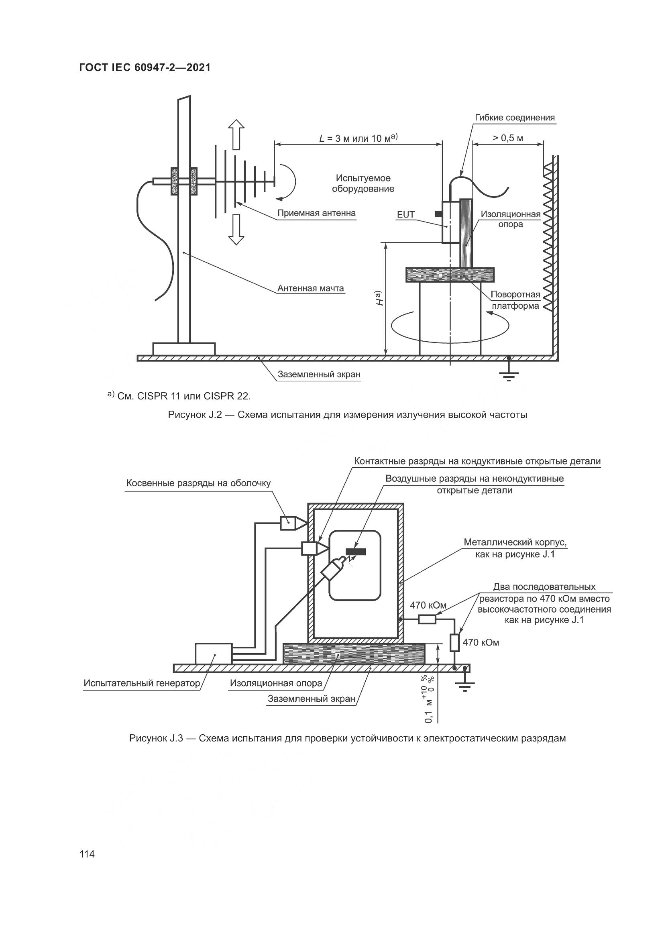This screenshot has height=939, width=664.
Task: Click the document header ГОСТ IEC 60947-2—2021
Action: [x=145, y=68]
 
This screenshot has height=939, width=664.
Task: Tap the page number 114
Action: [x=87, y=854]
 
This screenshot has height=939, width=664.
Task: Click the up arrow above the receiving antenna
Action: [x=236, y=134]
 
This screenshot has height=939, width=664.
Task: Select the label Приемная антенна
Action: [x=316, y=213]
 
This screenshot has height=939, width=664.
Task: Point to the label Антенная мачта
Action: [x=310, y=288]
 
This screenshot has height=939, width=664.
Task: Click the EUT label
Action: [x=405, y=215]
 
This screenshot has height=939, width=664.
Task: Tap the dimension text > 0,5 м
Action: [x=507, y=138]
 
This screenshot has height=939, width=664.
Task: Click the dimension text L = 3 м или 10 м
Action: [x=358, y=138]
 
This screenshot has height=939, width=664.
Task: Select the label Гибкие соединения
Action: [x=515, y=118]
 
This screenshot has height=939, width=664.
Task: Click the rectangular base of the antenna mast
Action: [x=184, y=349]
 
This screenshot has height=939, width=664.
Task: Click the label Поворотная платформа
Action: [x=515, y=300]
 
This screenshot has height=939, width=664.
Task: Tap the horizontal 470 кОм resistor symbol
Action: [x=427, y=620]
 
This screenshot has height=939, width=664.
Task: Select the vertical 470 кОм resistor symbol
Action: [x=455, y=642]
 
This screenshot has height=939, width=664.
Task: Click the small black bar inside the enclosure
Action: [x=356, y=552]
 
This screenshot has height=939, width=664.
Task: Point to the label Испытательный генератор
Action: [x=141, y=683]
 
